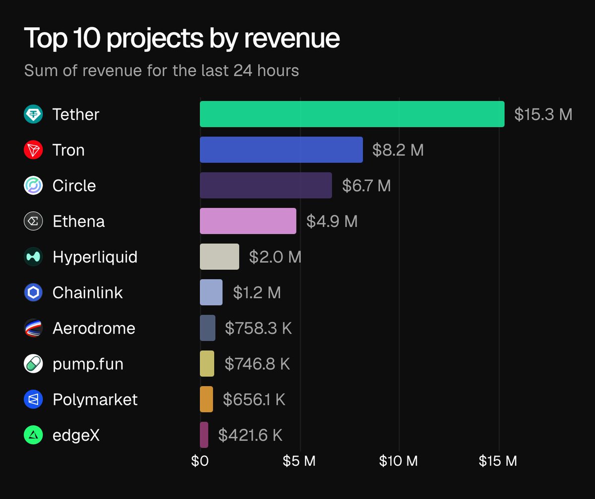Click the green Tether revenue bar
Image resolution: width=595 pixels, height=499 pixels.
(x=352, y=114)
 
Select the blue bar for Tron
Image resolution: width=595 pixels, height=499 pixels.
(x=281, y=150)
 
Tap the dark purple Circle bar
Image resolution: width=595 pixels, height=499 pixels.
(x=266, y=186)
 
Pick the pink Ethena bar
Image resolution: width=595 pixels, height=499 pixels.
(x=248, y=221)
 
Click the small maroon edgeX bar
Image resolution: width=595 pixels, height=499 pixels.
(x=204, y=435)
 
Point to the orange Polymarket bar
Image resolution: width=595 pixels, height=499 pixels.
(x=206, y=399)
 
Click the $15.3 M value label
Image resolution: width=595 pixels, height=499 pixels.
(x=543, y=115)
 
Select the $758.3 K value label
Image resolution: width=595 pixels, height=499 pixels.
(x=258, y=328)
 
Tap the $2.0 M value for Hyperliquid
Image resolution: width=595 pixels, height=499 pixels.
(x=275, y=257)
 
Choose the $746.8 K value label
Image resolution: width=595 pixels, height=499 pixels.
(x=257, y=364)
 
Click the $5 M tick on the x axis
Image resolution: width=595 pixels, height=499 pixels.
(x=299, y=461)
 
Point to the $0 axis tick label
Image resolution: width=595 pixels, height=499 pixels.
(x=200, y=461)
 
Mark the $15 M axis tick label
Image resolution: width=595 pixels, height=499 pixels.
(x=498, y=461)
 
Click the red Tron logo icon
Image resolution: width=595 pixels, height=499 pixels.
(x=33, y=150)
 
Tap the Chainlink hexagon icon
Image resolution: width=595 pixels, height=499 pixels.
(x=33, y=293)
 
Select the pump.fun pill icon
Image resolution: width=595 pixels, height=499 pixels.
(x=33, y=364)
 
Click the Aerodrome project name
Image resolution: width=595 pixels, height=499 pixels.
(x=94, y=328)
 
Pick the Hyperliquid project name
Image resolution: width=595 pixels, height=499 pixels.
(x=95, y=257)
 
